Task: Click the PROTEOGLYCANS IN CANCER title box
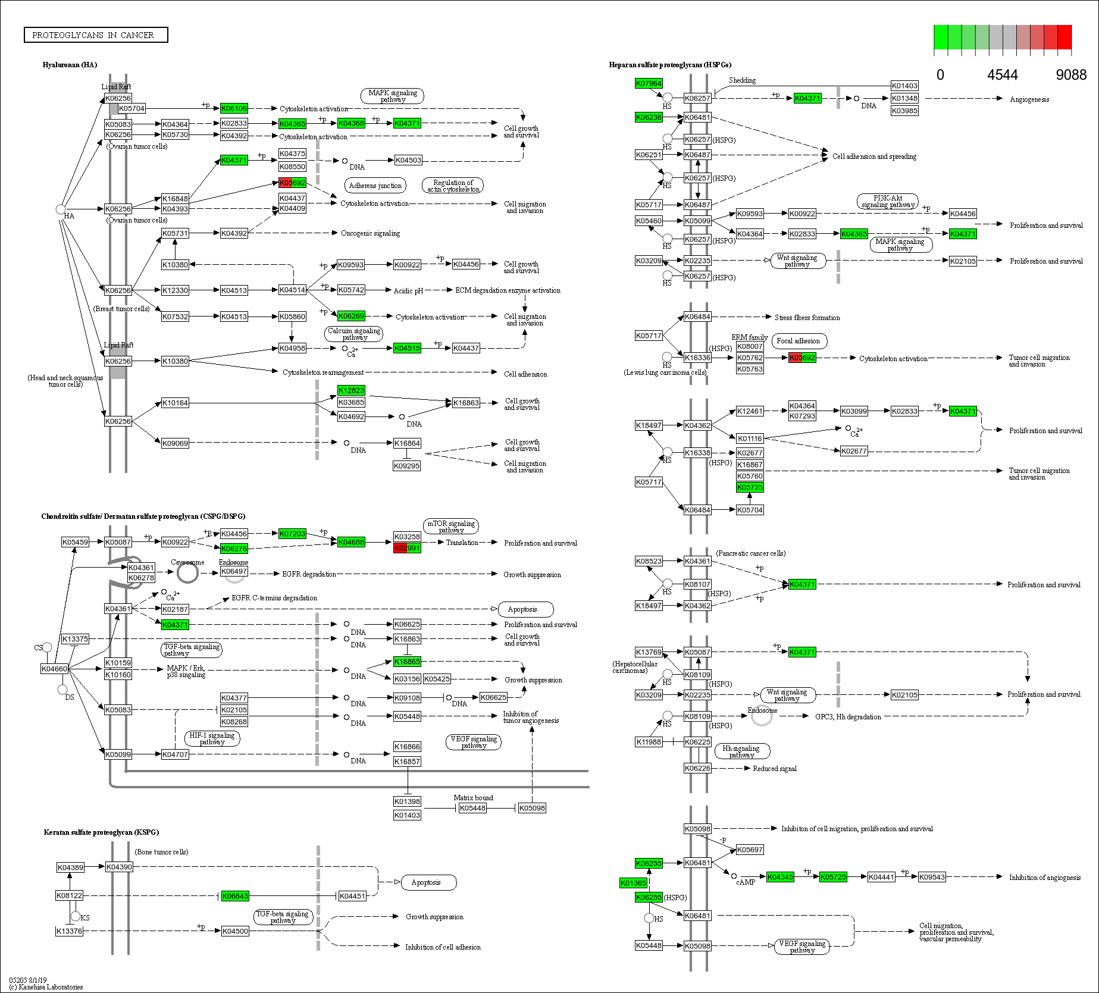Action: pos(96,35)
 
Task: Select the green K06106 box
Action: pos(234,108)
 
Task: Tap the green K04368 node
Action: pos(351,123)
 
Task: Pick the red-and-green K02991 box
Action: pos(407,548)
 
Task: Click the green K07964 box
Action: pos(649,83)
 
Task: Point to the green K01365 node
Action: pos(633,883)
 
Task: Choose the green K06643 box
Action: pos(235,896)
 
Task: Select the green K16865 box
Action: pos(407,662)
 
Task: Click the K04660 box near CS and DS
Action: pos(55,669)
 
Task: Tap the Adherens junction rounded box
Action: pos(375,186)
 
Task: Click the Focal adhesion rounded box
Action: pos(799,341)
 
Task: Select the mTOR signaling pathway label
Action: pos(451,527)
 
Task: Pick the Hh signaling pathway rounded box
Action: pos(741,751)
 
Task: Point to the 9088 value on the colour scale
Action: pos(1071,75)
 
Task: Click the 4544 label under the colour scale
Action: pos(1003,75)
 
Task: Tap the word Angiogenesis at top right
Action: pos(1029,99)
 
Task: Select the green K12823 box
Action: pos(351,390)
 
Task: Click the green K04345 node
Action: pos(780,877)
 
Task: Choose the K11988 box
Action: pos(649,742)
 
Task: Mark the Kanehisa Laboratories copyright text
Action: pos(46,987)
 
